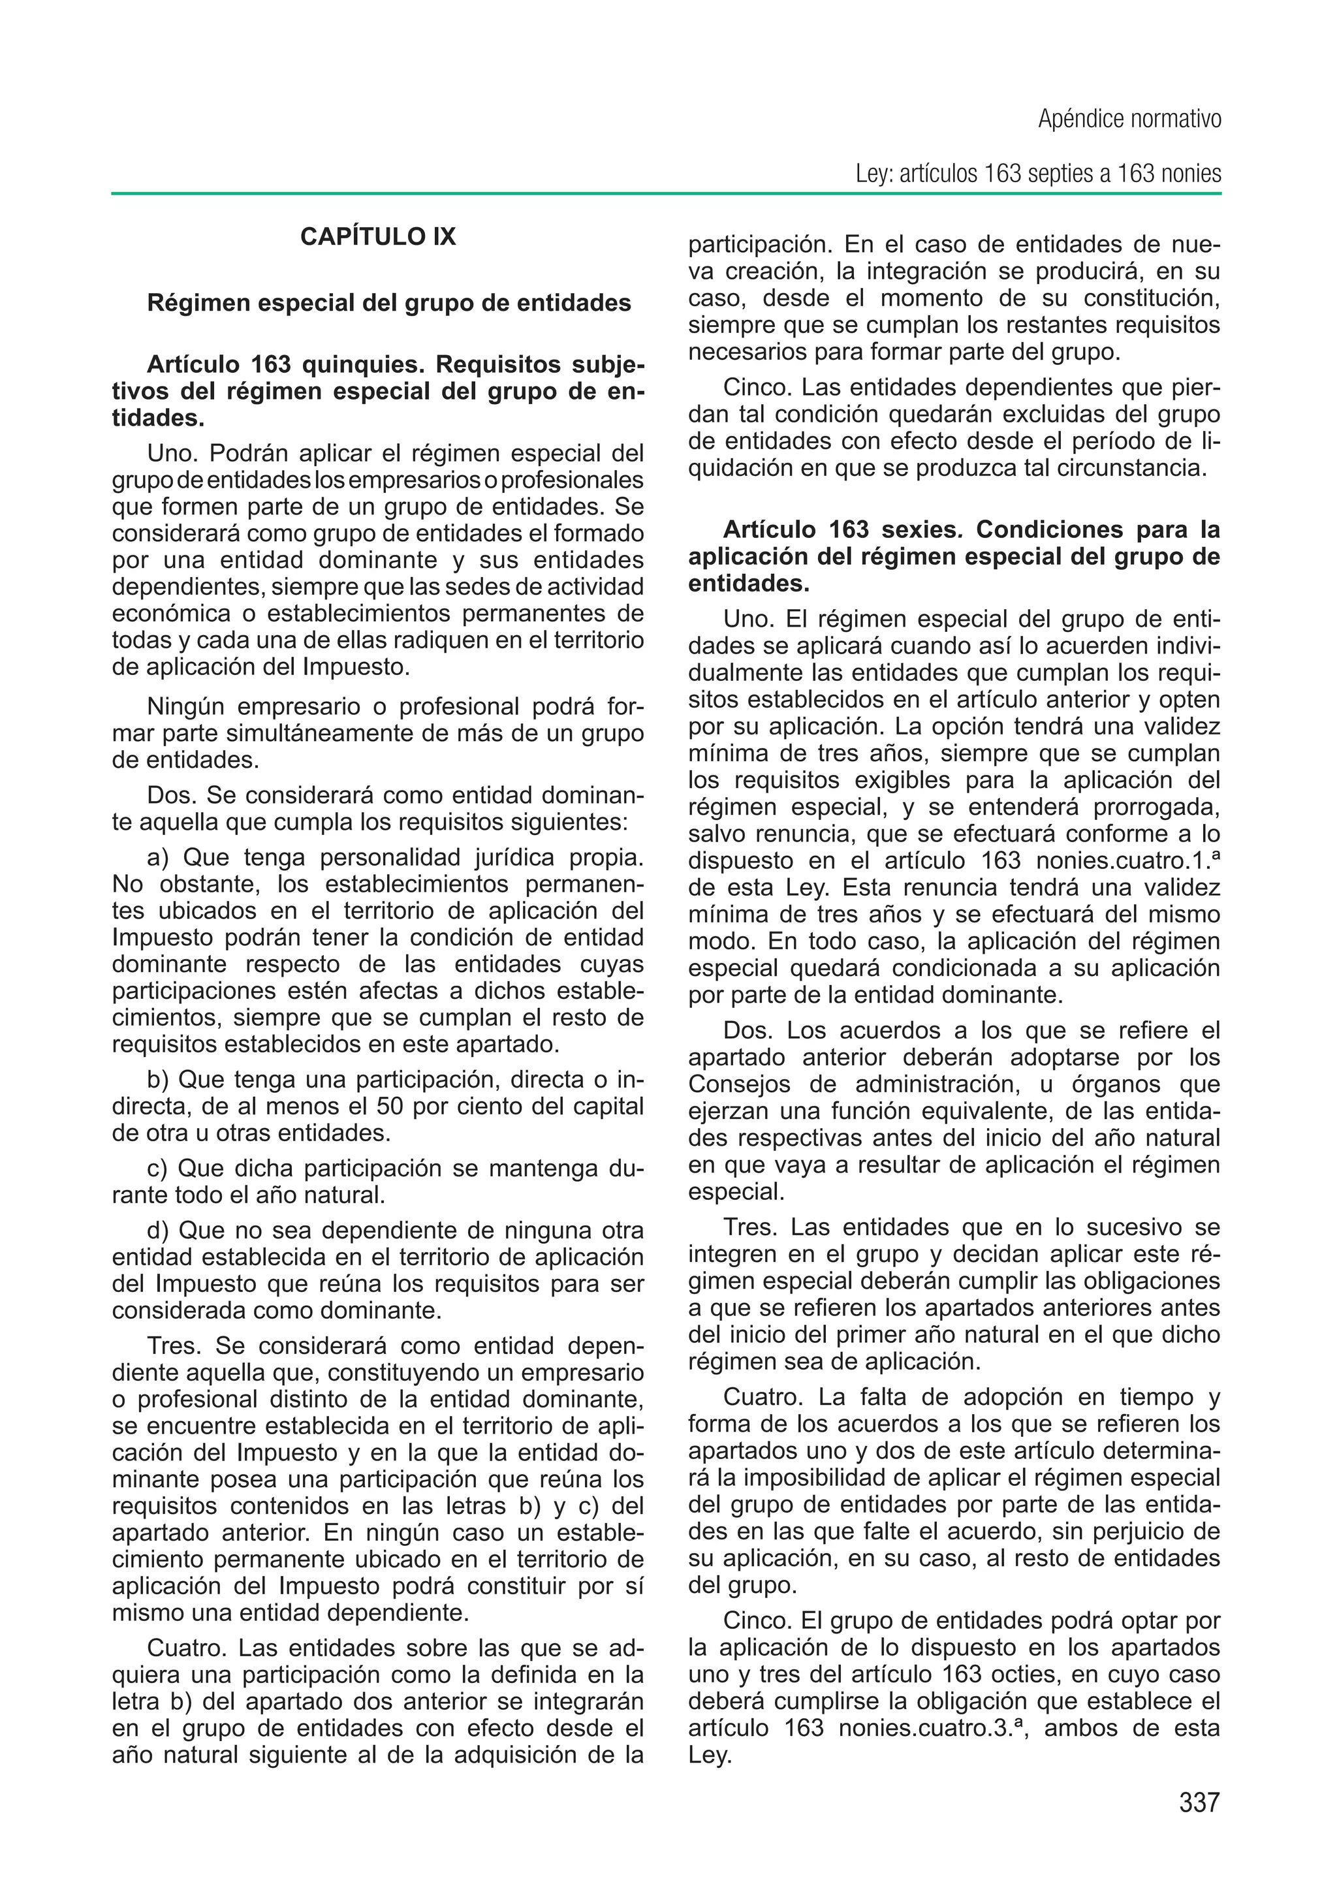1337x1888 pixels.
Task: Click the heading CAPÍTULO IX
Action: pos(377,237)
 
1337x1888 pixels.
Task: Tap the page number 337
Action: pos(1199,1803)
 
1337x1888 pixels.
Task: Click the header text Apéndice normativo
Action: pos(1129,119)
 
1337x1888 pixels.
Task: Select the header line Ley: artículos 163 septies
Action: pos(1037,174)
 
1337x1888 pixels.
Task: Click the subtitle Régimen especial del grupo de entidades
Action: pos(388,303)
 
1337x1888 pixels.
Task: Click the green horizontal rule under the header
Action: pos(667,195)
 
